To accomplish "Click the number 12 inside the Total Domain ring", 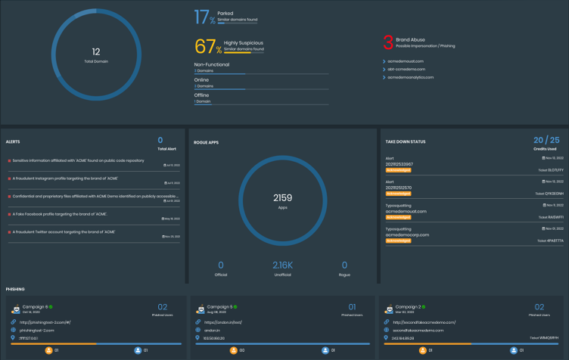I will pos(95,51).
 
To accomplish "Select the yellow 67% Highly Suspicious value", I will pos(209,46).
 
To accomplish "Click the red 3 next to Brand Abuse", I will pos(388,42).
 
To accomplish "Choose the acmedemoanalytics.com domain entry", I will pos(413,77).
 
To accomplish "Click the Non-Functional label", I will pos(212,65).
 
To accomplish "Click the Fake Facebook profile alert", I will pos(60,213).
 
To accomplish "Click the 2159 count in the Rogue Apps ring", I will pos(282,197).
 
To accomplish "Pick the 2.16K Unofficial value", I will pos(283,265).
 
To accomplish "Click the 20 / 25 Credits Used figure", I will pos(546,140).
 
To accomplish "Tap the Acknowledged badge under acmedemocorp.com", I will pos(398,241).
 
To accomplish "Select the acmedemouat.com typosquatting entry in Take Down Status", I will pos(406,211).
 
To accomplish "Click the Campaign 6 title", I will pos(35,306).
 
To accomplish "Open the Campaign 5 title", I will pos(222,306).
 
